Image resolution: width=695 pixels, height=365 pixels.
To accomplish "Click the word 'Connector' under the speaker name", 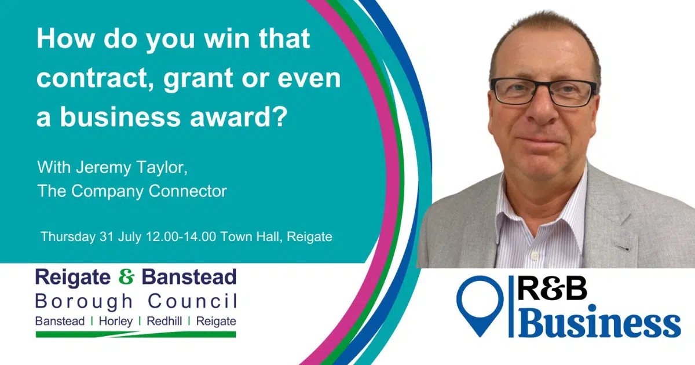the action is click(x=188, y=191).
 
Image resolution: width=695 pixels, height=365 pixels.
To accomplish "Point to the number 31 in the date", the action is click(x=107, y=236).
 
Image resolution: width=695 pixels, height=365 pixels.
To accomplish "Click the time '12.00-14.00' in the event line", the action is click(x=181, y=236).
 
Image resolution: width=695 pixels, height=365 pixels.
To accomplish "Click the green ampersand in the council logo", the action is click(x=126, y=277).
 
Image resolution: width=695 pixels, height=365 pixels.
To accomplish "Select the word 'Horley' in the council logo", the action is click(x=116, y=321).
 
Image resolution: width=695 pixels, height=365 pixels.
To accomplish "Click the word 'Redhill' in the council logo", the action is click(x=164, y=321).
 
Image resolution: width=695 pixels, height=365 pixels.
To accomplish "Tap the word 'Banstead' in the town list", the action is click(x=60, y=321).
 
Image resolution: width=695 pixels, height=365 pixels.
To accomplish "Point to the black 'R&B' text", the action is click(x=553, y=289).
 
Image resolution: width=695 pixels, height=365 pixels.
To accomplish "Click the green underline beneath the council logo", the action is click(x=136, y=334).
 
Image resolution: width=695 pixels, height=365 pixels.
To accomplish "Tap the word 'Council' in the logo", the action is click(x=192, y=301).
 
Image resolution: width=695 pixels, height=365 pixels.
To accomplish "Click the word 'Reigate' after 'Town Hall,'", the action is click(x=309, y=237).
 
